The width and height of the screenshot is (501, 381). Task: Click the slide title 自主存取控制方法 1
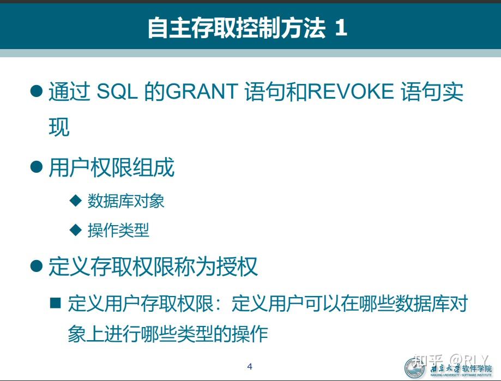[x=248, y=28]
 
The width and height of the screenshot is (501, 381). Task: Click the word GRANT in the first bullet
[x=202, y=92]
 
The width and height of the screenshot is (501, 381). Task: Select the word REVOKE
[x=351, y=92]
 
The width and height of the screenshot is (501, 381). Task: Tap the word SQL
[x=117, y=92]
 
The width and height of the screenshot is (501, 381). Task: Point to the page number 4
[x=250, y=366]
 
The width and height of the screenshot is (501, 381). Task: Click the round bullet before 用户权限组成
[x=37, y=167]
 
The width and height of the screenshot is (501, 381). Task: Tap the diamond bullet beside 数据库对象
[x=76, y=201]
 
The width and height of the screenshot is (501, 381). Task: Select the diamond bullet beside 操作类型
[x=76, y=229]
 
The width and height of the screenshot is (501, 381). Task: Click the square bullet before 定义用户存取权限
[x=56, y=303]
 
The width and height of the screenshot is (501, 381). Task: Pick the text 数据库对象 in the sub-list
[x=126, y=201]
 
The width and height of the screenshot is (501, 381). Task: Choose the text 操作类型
[x=118, y=230]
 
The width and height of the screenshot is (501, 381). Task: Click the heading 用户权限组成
[x=112, y=167]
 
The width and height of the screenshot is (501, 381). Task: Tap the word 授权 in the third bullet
[x=237, y=267]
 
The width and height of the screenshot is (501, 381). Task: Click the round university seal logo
[x=414, y=368]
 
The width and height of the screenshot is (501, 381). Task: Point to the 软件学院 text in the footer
[x=477, y=368]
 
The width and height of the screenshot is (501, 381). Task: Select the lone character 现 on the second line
[x=59, y=127]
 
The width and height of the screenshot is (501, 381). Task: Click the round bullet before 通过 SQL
[x=37, y=91]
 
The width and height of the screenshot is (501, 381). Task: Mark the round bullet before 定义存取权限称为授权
[x=37, y=266]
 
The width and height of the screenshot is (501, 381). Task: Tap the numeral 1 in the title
[x=341, y=28]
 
